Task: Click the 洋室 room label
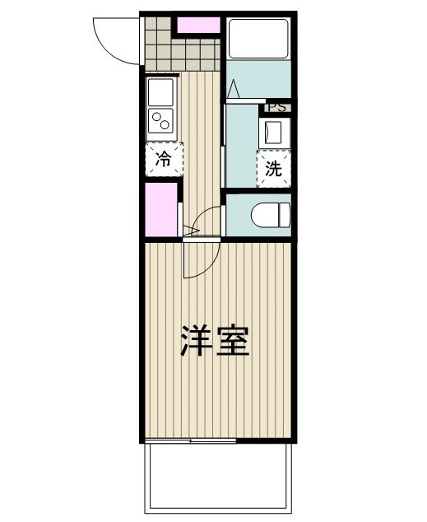click(x=215, y=342)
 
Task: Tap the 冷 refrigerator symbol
click(x=164, y=159)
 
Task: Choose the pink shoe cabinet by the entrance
click(x=198, y=25)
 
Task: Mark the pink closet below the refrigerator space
click(x=161, y=209)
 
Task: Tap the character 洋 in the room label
click(x=196, y=342)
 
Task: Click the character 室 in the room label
click(x=234, y=342)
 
